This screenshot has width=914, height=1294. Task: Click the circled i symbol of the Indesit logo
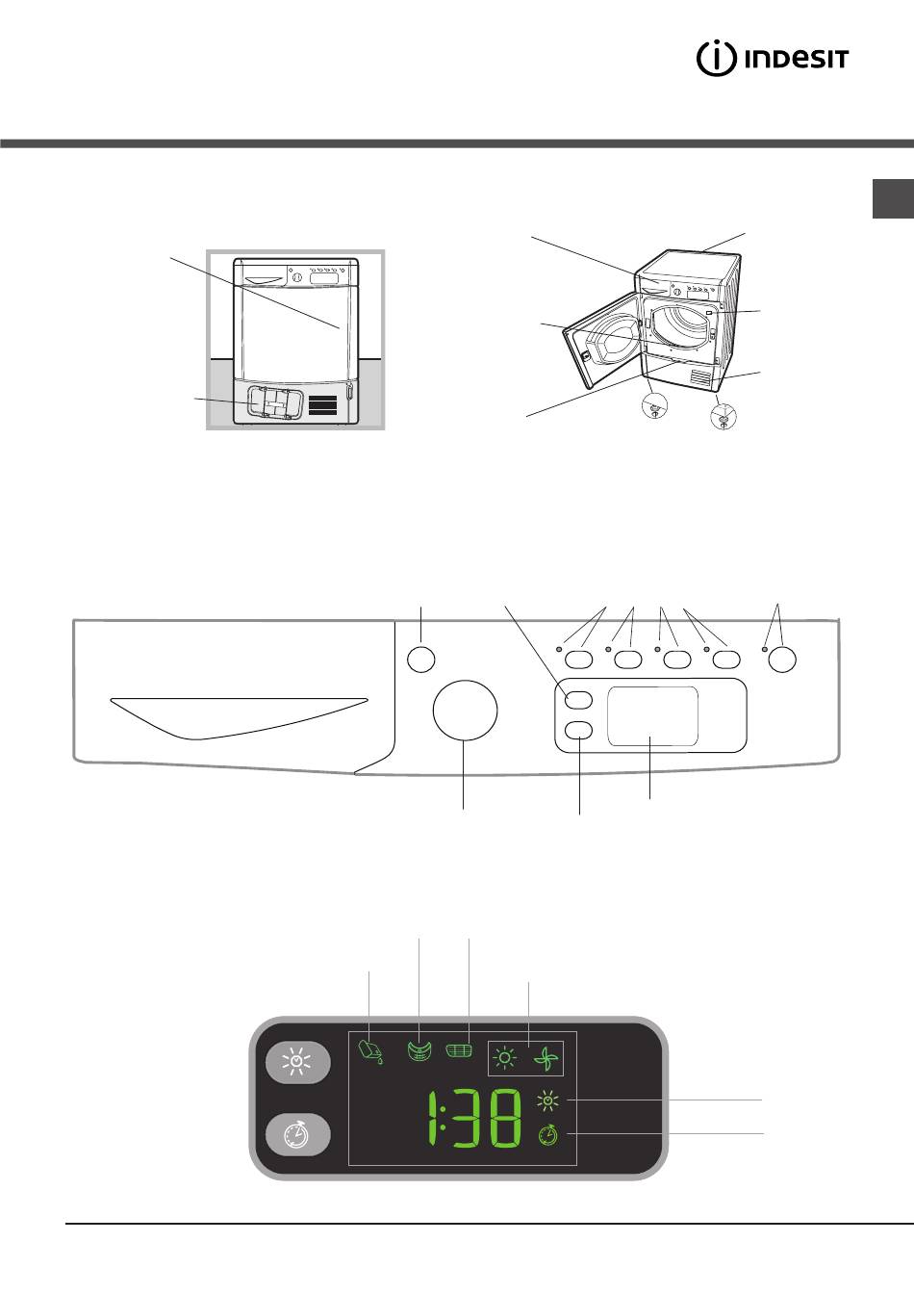tap(716, 59)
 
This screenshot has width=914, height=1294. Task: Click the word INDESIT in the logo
tap(797, 60)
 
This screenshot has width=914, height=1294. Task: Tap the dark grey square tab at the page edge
tap(893, 198)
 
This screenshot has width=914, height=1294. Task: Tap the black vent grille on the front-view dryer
tap(322, 405)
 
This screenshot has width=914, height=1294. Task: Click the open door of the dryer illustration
tap(603, 341)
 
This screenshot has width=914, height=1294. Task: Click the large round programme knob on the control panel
tap(465, 710)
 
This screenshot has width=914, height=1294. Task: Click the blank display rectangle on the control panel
tap(652, 716)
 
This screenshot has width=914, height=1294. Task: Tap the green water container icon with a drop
tap(370, 1052)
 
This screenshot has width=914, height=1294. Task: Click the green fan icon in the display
tap(546, 1059)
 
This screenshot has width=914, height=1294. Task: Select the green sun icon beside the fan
tap(505, 1058)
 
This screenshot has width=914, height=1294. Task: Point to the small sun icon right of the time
tap(547, 1101)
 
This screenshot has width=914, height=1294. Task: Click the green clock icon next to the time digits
tap(548, 1135)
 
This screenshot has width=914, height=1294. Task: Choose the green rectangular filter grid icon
tap(459, 1050)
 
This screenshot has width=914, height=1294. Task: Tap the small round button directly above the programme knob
tap(420, 660)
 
